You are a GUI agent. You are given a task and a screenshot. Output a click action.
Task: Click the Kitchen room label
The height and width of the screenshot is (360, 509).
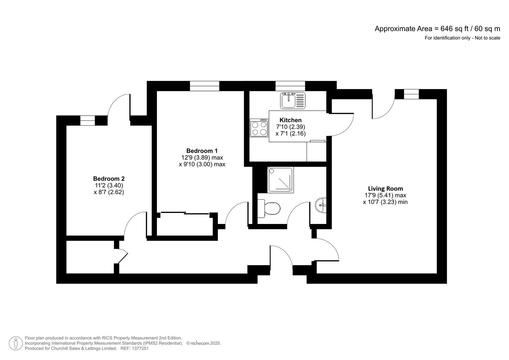click(290, 120)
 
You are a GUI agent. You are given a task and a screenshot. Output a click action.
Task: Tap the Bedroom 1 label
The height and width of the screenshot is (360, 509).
click(202, 151)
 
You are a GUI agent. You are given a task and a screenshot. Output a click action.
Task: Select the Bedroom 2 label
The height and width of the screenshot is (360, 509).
click(109, 179)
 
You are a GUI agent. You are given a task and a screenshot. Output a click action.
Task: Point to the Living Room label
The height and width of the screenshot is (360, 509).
click(385, 189)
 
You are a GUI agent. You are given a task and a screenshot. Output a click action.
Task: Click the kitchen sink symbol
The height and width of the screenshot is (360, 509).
click(293, 100)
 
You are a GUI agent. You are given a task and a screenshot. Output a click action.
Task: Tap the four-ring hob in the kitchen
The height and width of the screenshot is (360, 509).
click(259, 128)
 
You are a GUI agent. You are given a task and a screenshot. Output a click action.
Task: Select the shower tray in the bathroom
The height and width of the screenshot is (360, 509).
click(280, 180)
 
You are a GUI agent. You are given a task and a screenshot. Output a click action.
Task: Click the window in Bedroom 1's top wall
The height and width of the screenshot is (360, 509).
click(205, 86)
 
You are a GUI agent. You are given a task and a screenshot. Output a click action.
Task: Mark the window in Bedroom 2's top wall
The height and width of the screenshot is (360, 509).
click(87, 120)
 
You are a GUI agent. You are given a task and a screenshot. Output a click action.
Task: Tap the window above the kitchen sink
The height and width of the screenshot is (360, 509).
click(290, 86)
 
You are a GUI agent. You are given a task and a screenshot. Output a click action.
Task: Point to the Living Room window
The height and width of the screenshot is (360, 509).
click(411, 94)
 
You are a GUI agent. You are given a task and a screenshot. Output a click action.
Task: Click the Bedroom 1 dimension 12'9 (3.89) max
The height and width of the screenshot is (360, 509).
click(202, 158)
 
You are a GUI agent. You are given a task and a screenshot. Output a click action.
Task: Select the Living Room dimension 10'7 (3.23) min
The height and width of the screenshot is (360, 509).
click(385, 202)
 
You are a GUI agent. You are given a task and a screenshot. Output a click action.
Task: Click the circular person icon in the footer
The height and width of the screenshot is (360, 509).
click(16, 343)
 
